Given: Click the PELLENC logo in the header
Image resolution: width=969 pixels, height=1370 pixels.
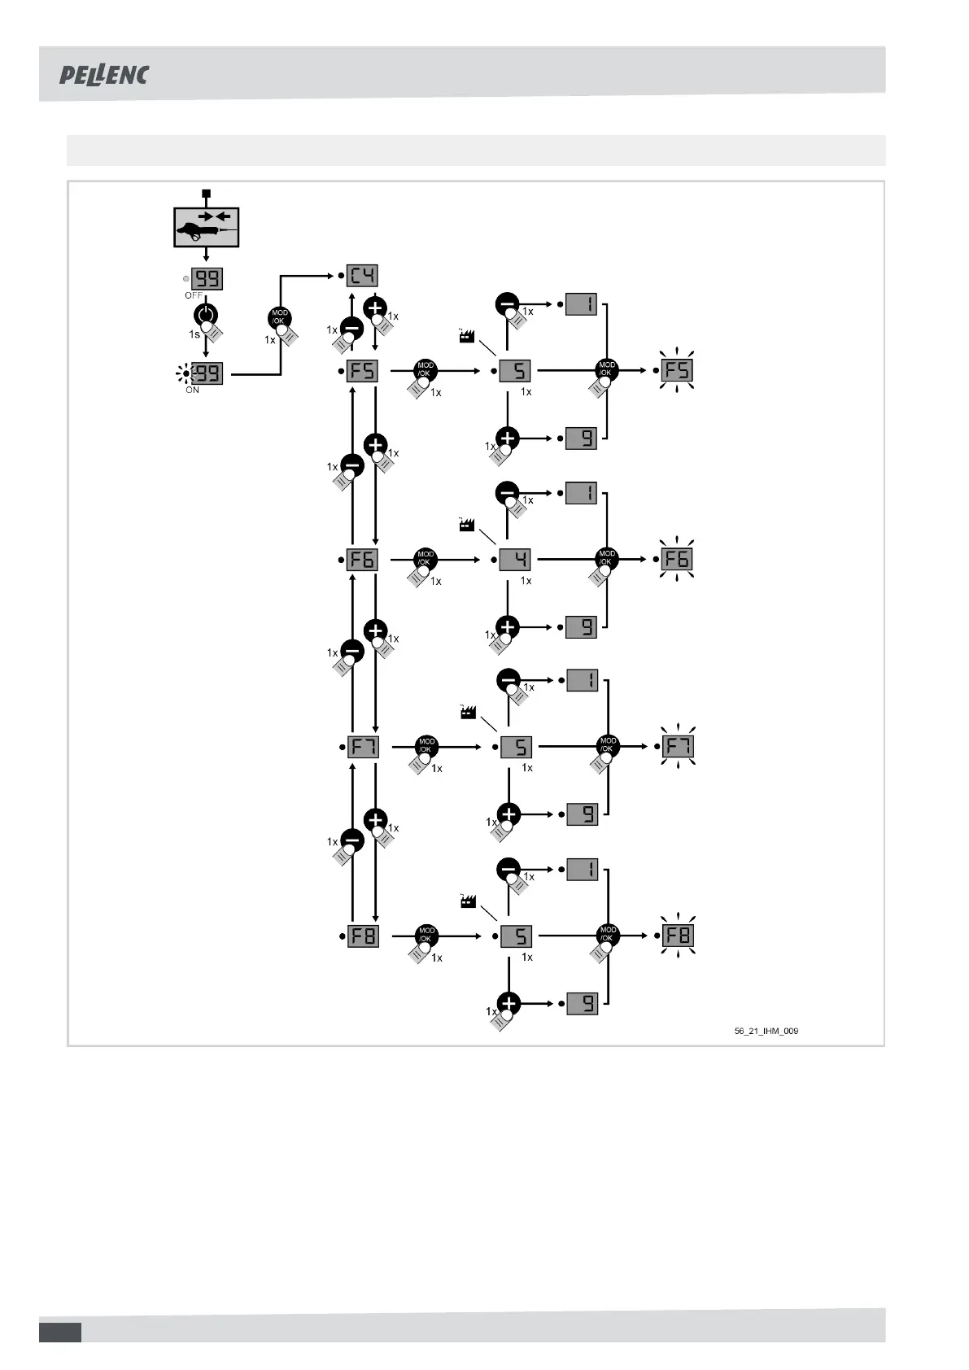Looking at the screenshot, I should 104,75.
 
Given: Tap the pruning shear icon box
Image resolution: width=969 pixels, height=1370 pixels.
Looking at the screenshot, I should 206,227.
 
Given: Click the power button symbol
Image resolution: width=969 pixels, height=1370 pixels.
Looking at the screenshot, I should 206,316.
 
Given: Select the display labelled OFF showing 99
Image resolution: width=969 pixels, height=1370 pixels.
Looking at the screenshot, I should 207,279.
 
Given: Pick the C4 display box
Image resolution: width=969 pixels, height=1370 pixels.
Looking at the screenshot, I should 362,276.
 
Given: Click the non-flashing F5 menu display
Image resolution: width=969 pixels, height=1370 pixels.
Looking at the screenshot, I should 362,371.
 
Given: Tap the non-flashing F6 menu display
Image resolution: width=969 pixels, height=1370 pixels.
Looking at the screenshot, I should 362,560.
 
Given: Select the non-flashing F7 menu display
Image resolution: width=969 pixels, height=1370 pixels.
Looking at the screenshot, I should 363,747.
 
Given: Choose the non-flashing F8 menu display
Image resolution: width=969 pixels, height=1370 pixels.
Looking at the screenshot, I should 363,936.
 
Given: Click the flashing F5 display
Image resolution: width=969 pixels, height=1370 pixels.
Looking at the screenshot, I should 677,370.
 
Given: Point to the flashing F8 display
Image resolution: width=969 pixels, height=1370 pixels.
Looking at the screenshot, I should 678,936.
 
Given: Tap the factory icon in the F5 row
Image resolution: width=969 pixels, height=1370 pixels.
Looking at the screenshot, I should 467,335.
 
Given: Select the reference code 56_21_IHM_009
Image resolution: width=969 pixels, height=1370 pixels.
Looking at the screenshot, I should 766,1031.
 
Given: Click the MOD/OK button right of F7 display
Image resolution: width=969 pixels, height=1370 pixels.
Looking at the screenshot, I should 426,744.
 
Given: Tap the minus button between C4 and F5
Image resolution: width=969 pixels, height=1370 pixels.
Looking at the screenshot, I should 351,329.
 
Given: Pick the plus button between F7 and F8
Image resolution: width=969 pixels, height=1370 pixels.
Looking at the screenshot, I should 375,819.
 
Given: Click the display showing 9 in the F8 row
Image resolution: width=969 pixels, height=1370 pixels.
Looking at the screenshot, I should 582,1003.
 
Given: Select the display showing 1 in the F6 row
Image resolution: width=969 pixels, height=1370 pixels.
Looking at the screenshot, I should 581,493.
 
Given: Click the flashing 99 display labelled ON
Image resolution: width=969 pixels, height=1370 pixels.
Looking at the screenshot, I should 207,374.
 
